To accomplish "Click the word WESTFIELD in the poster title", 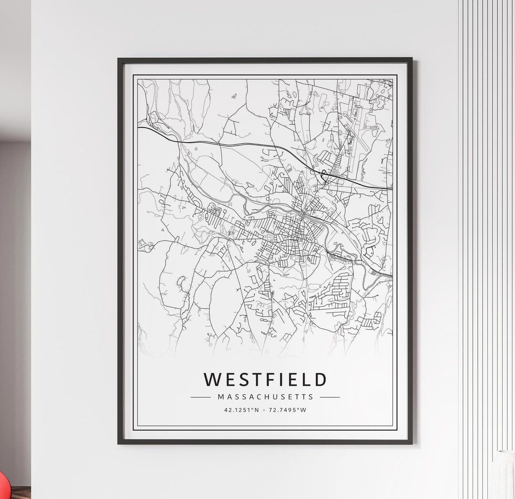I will [265, 380].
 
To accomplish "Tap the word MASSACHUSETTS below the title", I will [265, 396].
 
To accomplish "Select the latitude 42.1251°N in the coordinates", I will [241, 410].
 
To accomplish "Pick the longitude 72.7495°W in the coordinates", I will [288, 410].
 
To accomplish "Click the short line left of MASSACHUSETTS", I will [200, 397].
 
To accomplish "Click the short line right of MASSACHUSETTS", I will [330, 397].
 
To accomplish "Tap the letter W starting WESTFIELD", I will [211, 380].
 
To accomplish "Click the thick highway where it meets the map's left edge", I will [139, 128].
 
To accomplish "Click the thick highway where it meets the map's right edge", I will [391, 188].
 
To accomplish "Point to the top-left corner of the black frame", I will [119, 59].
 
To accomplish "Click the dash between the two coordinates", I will [265, 410].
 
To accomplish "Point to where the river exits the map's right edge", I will [391, 276].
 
